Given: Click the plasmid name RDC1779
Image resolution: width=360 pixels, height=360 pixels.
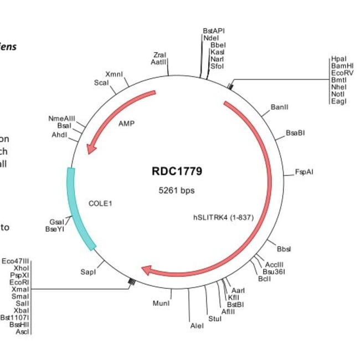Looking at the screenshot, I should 177,171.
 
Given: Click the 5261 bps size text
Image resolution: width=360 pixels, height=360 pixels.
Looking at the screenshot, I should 177,191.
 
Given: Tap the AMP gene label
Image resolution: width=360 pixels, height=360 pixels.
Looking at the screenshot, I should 127,124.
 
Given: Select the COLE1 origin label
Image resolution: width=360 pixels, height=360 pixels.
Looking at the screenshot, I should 100,203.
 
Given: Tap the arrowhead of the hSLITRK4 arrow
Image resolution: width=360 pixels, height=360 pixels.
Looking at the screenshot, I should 147,270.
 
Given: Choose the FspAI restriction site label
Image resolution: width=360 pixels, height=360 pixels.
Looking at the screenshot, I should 304,172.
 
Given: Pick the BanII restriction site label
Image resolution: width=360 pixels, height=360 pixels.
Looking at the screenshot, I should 279,106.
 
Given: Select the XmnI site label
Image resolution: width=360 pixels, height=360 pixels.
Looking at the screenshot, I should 114,74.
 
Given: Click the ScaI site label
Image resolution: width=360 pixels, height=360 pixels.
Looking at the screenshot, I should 101,83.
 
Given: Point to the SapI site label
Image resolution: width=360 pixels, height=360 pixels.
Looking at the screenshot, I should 88,272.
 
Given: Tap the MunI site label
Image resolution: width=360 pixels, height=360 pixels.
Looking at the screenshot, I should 161,303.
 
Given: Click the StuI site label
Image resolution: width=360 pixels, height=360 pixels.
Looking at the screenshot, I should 214,318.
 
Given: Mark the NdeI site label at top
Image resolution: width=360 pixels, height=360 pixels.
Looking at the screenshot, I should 211,38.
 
